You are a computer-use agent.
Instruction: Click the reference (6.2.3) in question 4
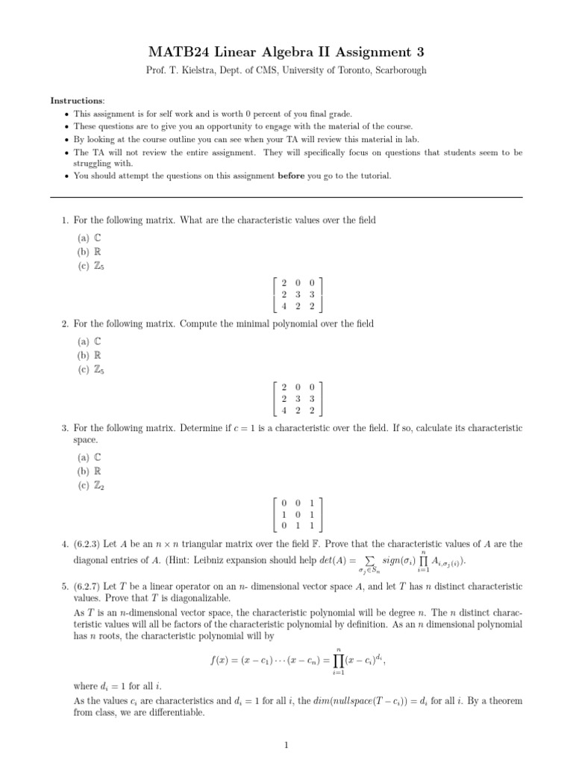(89, 543)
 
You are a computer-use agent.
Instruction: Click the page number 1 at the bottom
(286, 744)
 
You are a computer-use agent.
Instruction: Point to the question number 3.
(65, 427)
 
